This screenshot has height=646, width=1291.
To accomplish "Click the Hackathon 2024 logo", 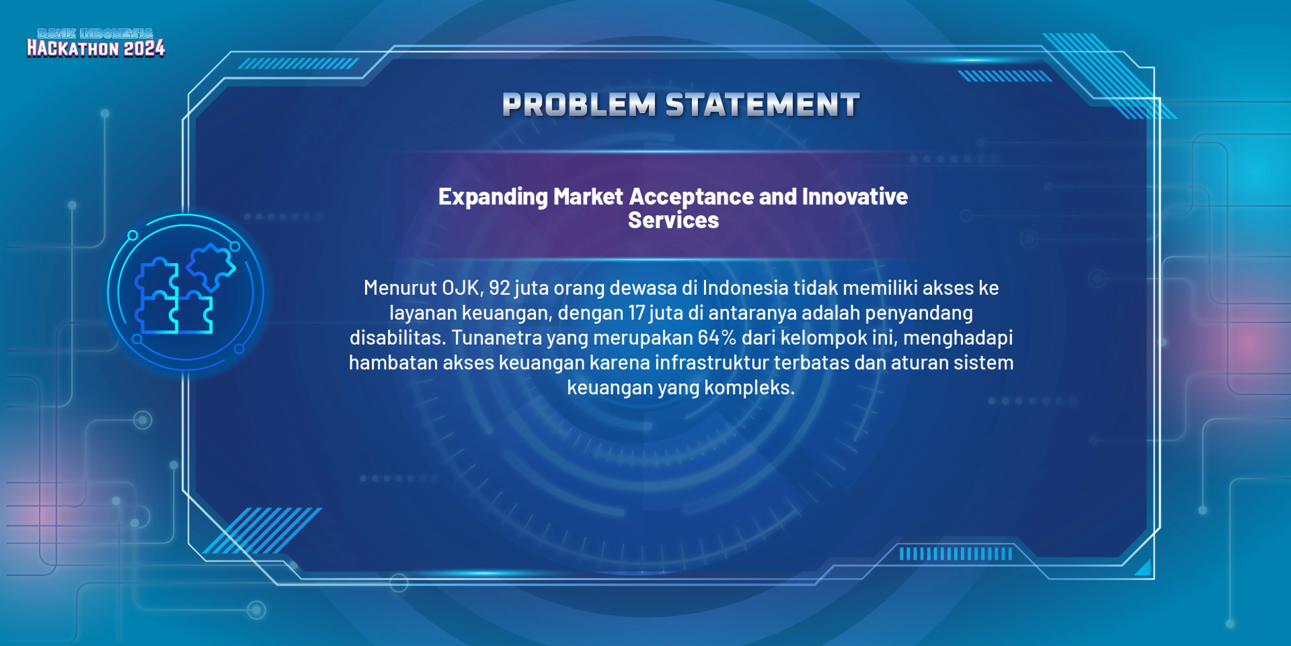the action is point(96,43).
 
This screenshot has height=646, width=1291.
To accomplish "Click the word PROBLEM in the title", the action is point(579,105).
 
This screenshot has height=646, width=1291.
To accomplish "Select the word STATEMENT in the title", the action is point(763,105).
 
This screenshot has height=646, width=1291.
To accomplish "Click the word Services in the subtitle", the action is point(673,220).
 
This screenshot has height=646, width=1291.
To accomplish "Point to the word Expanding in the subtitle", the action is point(493,197).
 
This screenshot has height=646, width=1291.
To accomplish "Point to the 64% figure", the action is point(717,338).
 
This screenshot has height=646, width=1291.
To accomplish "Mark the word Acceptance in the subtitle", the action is point(691,197).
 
